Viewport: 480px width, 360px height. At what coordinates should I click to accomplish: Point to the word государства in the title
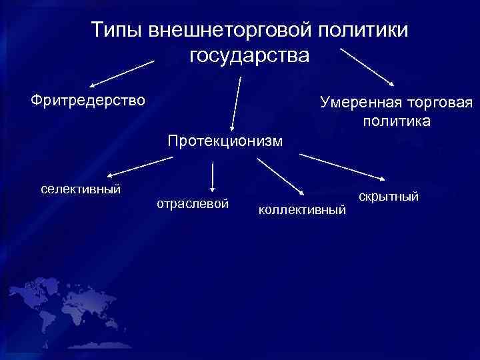[x=249, y=55]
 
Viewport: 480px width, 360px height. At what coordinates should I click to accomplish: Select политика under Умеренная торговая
[x=397, y=121]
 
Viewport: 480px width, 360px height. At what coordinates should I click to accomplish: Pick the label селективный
[x=81, y=189]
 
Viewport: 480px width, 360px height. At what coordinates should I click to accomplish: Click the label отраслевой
[x=193, y=203]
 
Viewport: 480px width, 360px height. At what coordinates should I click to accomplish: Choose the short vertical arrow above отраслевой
[x=212, y=177]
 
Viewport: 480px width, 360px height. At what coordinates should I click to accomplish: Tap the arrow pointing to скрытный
[x=342, y=167]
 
